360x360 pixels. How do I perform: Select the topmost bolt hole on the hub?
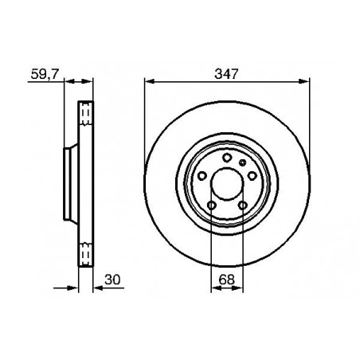pyautogui.click(x=226, y=158)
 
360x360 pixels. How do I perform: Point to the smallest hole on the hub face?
pyautogui.click(x=243, y=162)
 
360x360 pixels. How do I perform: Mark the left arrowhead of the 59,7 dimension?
pyautogui.click(x=68, y=80)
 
